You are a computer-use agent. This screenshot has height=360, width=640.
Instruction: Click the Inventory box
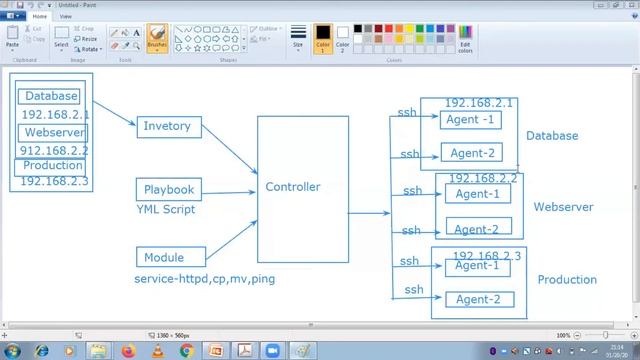[x=166, y=127]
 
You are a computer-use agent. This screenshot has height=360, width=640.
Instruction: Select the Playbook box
[x=168, y=189]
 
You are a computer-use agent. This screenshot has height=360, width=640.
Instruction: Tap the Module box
[x=164, y=257]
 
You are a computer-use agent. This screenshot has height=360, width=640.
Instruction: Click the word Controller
[x=292, y=187]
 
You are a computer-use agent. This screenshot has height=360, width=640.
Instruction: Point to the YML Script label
[x=166, y=210]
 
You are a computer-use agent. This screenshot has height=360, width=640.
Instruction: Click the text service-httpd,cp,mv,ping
[x=204, y=278]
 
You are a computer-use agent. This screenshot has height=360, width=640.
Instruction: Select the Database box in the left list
[x=50, y=96]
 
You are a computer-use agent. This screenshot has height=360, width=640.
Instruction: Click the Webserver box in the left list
[x=54, y=132]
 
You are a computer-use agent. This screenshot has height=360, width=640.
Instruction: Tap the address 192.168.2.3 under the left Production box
[x=54, y=181]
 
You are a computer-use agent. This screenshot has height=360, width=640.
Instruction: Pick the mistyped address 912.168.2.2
[x=55, y=150]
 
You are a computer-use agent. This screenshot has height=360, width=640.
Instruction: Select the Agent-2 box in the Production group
[x=477, y=299]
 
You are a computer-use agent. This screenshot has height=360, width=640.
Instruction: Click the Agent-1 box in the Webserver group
[x=477, y=194]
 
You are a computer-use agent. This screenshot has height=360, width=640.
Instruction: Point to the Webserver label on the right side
[x=563, y=207]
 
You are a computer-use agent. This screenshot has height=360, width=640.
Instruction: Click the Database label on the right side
[x=552, y=136]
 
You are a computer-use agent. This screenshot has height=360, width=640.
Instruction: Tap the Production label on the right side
[x=567, y=280]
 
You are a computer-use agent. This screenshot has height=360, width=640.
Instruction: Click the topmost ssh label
[x=407, y=112]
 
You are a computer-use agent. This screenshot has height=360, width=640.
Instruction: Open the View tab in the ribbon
[x=66, y=17]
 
